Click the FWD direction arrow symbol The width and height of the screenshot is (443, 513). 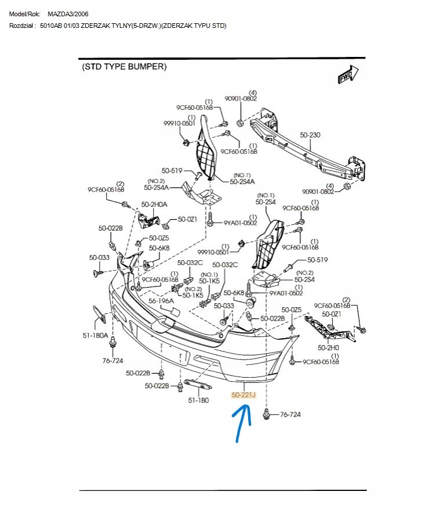347,75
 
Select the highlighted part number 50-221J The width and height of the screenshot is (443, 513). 244,395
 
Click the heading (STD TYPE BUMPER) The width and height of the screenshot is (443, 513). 124,67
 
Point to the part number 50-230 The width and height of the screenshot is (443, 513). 310,135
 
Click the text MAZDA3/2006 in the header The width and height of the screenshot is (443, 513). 68,13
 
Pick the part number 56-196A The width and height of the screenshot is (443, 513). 161,301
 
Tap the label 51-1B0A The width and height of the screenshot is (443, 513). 94,335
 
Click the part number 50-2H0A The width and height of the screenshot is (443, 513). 154,205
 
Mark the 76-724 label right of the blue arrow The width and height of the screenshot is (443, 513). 290,415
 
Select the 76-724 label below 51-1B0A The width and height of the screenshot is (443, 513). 113,361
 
